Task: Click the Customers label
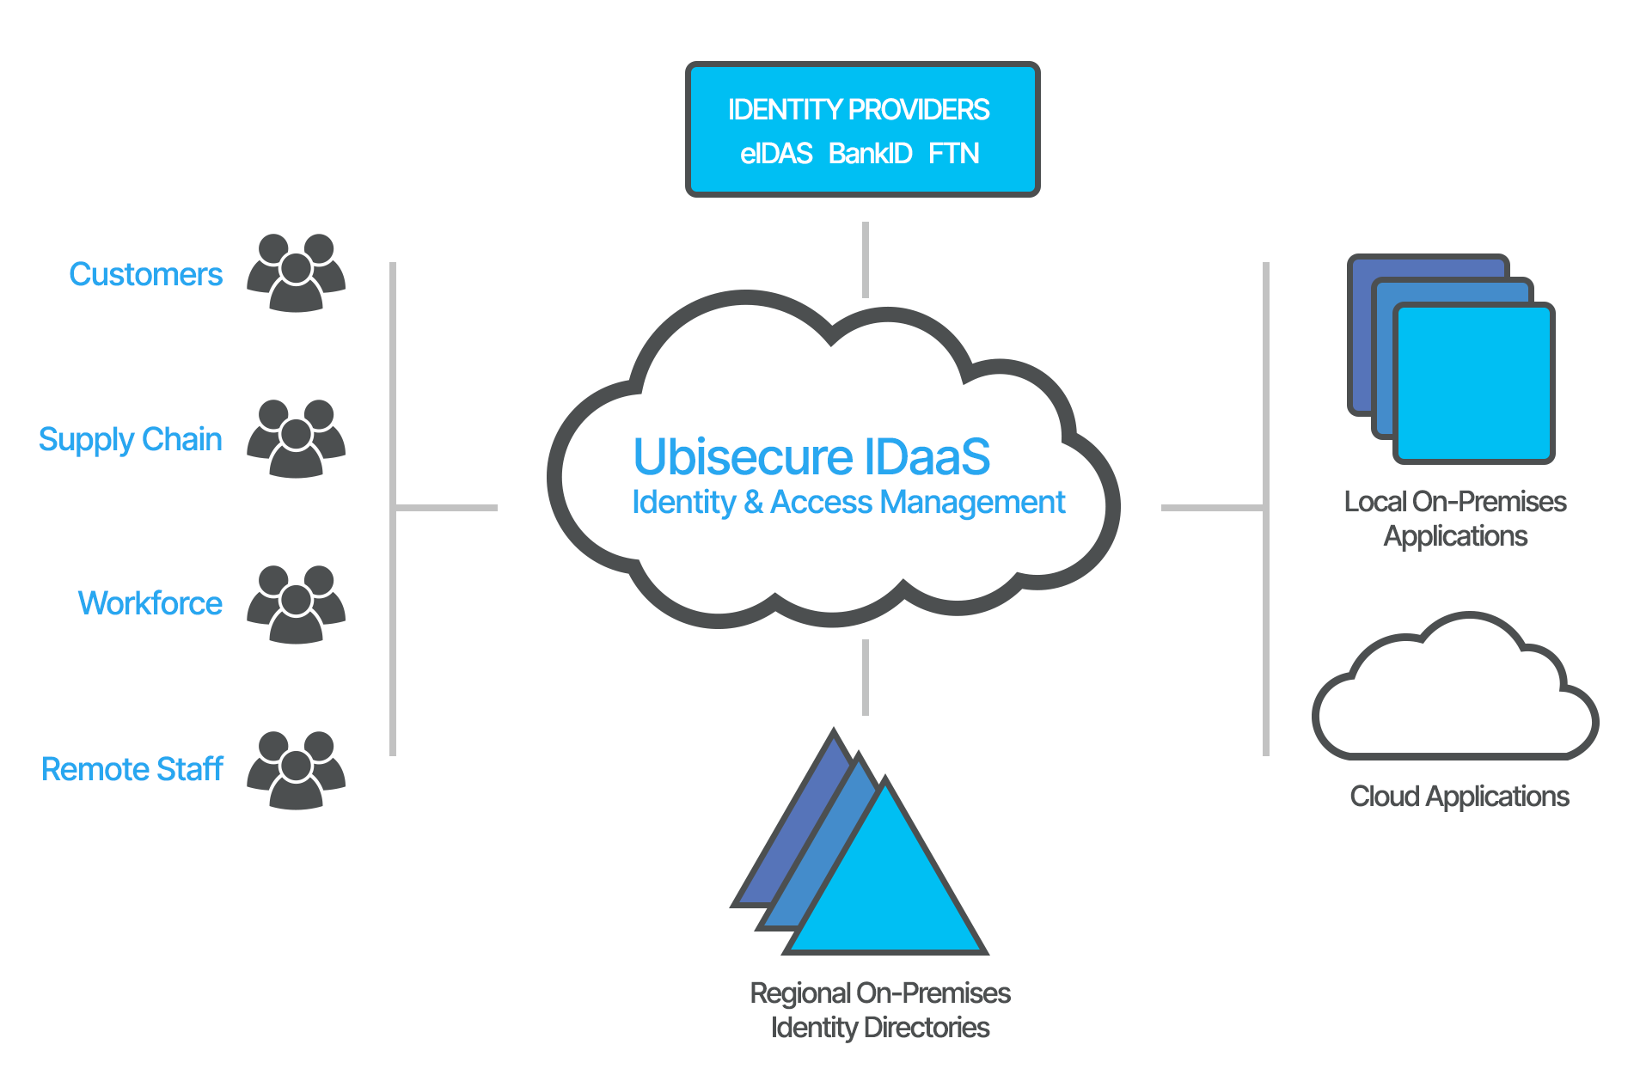tap(145, 275)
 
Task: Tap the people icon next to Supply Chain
tap(296, 439)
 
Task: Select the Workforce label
tap(150, 603)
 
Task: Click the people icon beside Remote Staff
tap(296, 771)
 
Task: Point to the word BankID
tap(870, 154)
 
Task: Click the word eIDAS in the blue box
tap(775, 154)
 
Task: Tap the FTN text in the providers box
tap(953, 154)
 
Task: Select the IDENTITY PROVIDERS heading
tap(859, 110)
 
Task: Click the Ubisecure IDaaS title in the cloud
tap(811, 456)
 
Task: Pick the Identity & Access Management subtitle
tap(848, 503)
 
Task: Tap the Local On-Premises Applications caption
tap(1455, 519)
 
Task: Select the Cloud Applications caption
tap(1459, 797)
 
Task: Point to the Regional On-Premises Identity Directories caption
tap(879, 1011)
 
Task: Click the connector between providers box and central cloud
tap(866, 260)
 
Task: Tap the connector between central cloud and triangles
tap(866, 677)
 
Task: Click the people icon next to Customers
tap(296, 273)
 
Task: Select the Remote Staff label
tap(132, 770)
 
